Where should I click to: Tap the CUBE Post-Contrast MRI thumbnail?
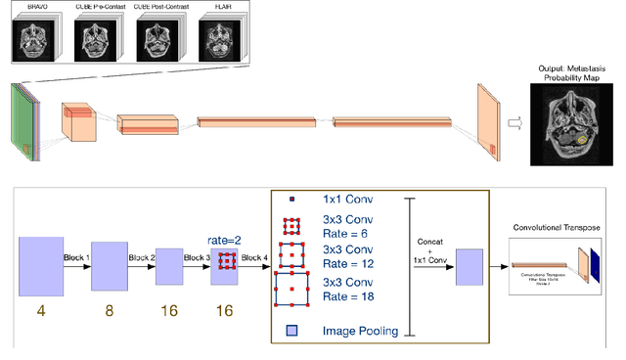click(156, 39)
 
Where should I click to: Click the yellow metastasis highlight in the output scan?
click(584, 141)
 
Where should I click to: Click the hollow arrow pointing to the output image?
click(513, 122)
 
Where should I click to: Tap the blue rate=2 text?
click(224, 238)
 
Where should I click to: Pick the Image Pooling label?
click(360, 331)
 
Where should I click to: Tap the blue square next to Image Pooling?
click(290, 331)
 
